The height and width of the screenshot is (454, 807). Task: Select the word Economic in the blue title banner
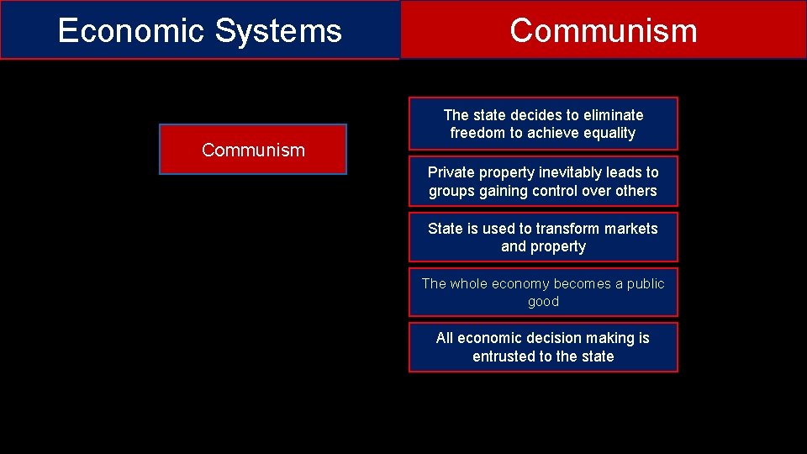coord(130,31)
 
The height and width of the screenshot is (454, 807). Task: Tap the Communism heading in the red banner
coord(603,31)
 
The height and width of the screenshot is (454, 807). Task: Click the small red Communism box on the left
coord(253,150)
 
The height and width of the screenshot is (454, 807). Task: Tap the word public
coord(645,284)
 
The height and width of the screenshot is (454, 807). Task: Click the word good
coord(543,302)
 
